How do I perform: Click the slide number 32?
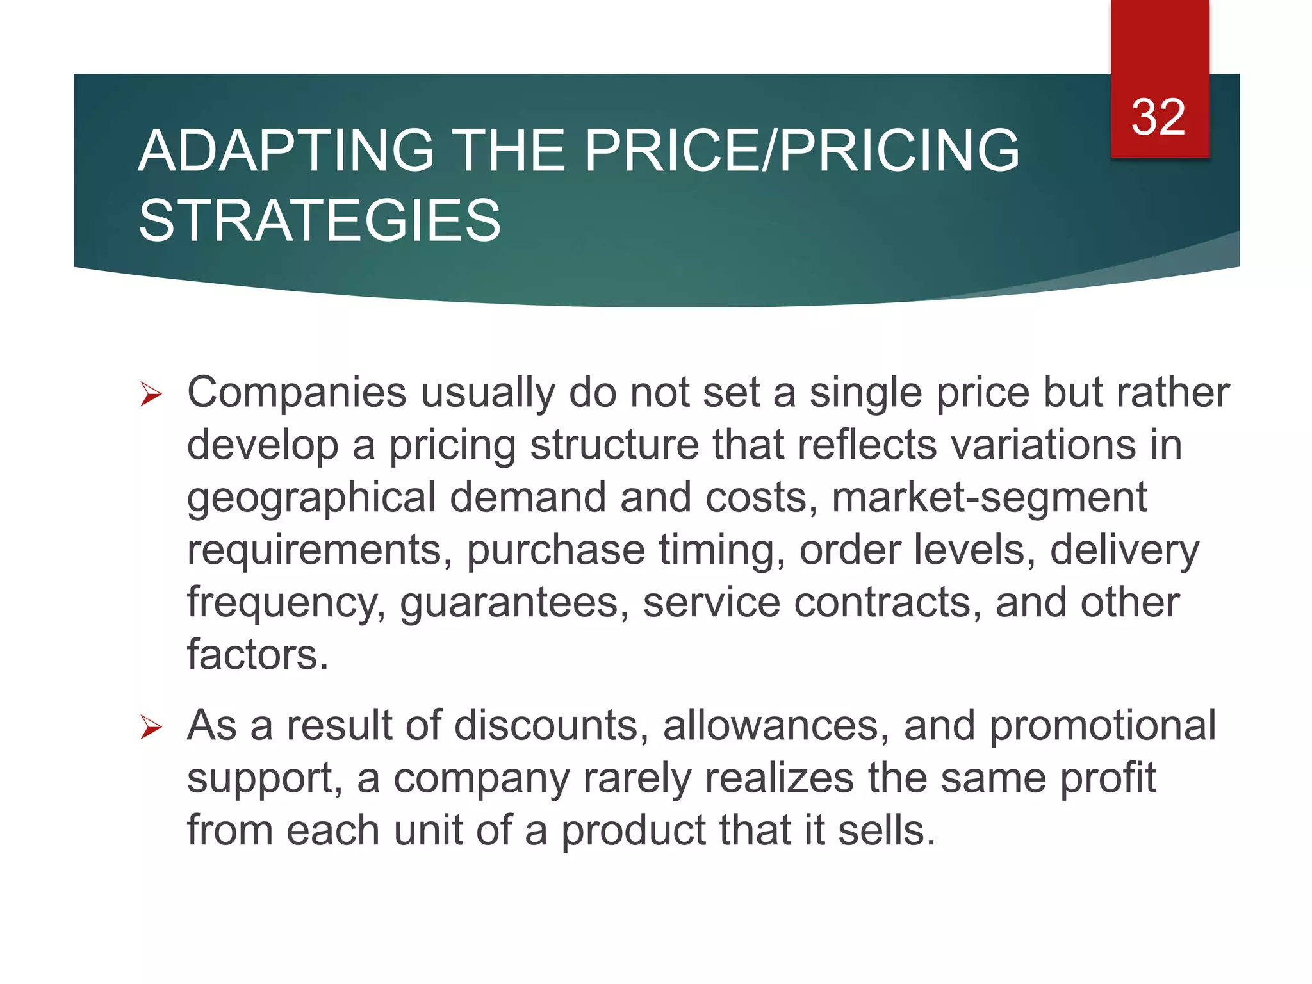coord(1158,117)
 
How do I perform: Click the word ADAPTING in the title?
coord(286,151)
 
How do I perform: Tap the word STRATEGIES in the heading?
coord(320,221)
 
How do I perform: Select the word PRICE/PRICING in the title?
coord(801,151)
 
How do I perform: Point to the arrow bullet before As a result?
coord(151,728)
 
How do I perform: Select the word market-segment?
coord(988,498)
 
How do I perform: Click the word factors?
coord(258,655)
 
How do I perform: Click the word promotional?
coord(1103,726)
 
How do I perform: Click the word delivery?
coord(1124,550)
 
